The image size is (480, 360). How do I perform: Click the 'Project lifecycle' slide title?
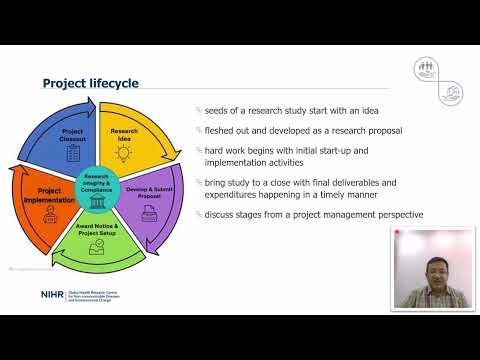pos(91,83)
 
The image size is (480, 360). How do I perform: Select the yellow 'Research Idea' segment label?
pos(124,134)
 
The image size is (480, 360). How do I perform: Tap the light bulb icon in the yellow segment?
pos(124,154)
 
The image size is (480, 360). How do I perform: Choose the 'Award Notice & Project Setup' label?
pos(98,234)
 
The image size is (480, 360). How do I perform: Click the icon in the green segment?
pos(97,251)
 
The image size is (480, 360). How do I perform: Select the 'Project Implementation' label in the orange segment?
pos(42,194)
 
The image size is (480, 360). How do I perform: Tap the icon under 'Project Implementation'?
pos(42,215)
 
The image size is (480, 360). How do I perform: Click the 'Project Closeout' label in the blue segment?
pos(72,135)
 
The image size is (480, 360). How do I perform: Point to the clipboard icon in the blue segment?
pos(72,155)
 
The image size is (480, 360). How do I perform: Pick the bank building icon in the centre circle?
pos(97,202)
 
